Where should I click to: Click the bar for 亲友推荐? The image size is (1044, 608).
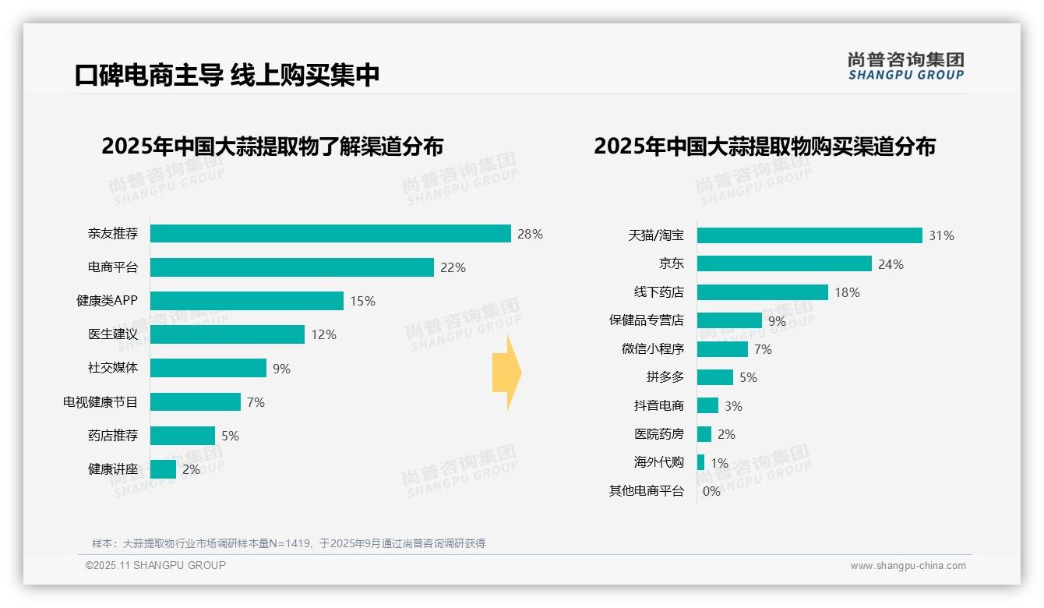point(330,234)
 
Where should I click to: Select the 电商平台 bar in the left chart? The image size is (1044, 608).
point(291,267)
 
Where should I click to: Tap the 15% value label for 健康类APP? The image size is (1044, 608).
point(362,301)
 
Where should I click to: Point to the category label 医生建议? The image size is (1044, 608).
point(113,334)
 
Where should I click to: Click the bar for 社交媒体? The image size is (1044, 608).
point(208,368)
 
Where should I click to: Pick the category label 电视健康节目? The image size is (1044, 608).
point(101,402)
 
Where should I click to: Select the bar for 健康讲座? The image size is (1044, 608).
point(163,469)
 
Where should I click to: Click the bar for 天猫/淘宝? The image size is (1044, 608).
point(809,235)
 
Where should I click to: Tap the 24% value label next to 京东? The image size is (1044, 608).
point(891,264)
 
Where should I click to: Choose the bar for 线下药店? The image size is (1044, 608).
point(762,292)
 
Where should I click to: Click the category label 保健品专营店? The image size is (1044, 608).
point(646,320)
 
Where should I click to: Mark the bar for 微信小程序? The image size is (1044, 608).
point(722,349)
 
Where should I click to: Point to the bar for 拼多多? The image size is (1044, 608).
point(715,377)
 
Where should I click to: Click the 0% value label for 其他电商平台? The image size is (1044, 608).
point(711,491)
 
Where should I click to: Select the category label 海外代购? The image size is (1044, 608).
point(658,462)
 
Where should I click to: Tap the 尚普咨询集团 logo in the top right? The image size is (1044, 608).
point(905,66)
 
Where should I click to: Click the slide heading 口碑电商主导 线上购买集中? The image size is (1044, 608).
point(227,76)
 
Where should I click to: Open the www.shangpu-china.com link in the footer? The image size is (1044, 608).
point(908,566)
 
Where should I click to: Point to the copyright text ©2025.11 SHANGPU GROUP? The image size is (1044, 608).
point(156,565)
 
